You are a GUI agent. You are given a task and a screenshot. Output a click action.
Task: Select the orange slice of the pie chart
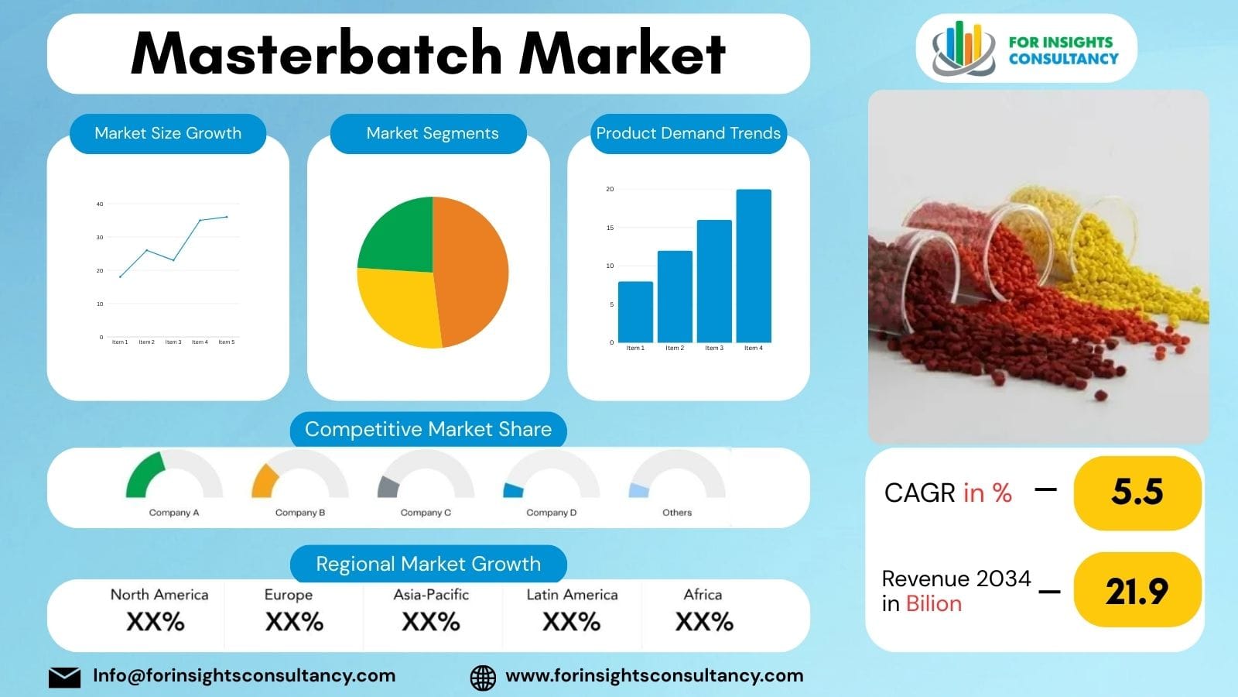[472, 271]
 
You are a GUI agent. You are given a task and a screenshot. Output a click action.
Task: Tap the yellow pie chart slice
[398, 306]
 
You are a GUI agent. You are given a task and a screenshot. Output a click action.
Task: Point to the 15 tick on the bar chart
[610, 228]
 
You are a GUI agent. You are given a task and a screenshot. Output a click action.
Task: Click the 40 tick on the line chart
[100, 204]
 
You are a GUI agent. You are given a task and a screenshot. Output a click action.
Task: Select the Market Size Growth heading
[168, 133]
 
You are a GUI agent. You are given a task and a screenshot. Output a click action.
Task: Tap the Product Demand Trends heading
[688, 133]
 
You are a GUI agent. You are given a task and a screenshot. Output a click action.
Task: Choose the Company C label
[426, 513]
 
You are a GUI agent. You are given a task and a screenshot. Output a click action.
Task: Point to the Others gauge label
[677, 513]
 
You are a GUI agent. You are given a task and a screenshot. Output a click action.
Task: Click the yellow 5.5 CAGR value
[1137, 493]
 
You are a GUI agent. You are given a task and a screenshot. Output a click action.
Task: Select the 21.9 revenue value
[1137, 591]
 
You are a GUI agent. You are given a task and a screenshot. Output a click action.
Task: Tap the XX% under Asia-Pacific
[431, 622]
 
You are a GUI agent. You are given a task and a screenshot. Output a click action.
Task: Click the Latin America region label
[572, 595]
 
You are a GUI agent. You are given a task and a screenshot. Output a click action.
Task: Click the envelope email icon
[64, 677]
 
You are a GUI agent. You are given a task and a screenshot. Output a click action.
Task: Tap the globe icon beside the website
[483, 677]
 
